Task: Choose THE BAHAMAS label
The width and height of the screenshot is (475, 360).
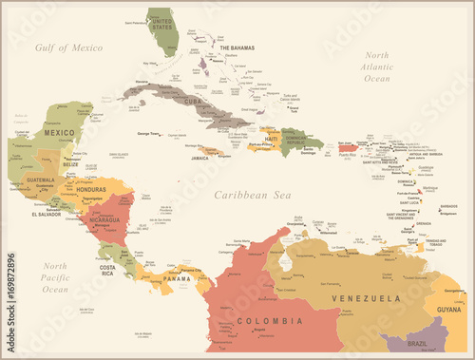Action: [237, 47]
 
